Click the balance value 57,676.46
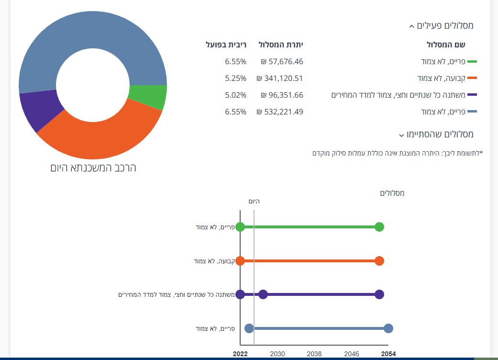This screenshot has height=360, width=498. pos(282,61)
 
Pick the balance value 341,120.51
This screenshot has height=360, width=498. pos(280,78)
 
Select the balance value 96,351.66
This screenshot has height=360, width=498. pos(282,95)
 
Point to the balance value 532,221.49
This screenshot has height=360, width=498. pos(280,112)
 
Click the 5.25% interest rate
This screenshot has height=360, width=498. pos(235,78)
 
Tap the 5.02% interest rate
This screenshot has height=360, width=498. pos(235,95)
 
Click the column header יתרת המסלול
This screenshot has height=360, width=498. pos(281,45)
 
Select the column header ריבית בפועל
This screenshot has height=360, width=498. pos(226,45)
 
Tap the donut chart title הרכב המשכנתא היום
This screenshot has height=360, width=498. pos(93,168)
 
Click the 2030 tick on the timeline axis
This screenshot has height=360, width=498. pos(277,354)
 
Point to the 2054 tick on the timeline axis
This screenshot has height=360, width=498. pos(388,354)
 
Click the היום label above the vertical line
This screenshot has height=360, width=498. pos(254,202)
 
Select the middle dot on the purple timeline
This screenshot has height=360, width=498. pos(263,294)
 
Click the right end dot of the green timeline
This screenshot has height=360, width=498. pos(379,227)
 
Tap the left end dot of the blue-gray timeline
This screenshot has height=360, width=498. pos(249,328)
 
